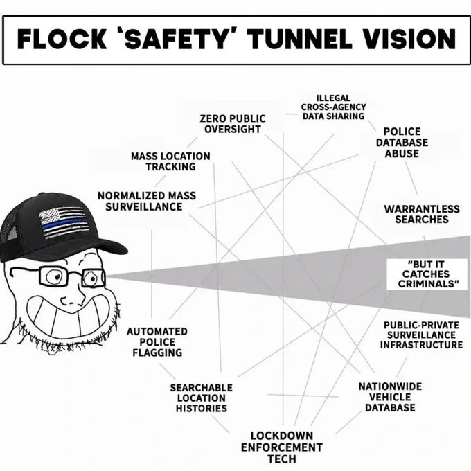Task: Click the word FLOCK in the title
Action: (62, 39)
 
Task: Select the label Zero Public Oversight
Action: (233, 124)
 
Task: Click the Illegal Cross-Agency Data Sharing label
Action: (333, 107)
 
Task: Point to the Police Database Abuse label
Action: (402, 143)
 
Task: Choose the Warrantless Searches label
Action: (422, 214)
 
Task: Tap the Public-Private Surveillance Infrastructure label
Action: (421, 335)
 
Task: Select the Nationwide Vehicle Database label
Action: (390, 397)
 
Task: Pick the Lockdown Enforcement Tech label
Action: (282, 447)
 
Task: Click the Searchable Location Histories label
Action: (202, 398)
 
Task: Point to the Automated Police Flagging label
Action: (157, 342)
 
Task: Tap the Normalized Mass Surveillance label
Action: (147, 202)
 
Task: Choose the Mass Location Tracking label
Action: (170, 161)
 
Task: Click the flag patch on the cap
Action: (64, 222)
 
